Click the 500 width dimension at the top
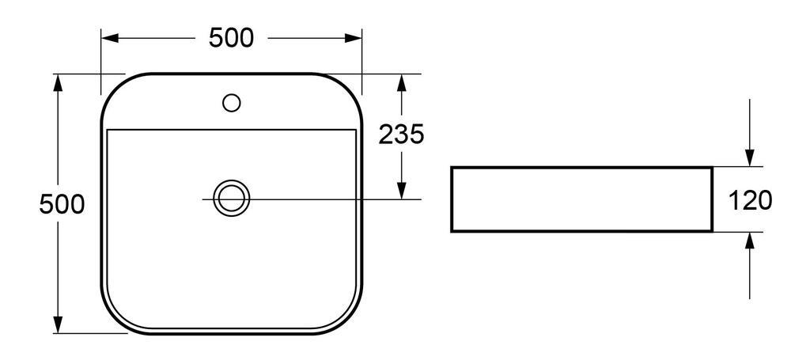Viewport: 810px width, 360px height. point(231,37)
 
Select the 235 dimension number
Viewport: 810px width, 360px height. point(402,135)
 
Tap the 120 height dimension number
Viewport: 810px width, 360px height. point(750,200)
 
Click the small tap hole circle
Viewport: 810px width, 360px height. point(232,102)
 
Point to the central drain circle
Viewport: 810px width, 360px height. point(232,197)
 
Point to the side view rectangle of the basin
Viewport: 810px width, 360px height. point(581,199)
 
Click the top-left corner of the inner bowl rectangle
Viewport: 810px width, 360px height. point(106,129)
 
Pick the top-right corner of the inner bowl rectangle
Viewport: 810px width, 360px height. point(357,129)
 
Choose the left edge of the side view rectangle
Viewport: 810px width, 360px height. point(452,199)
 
